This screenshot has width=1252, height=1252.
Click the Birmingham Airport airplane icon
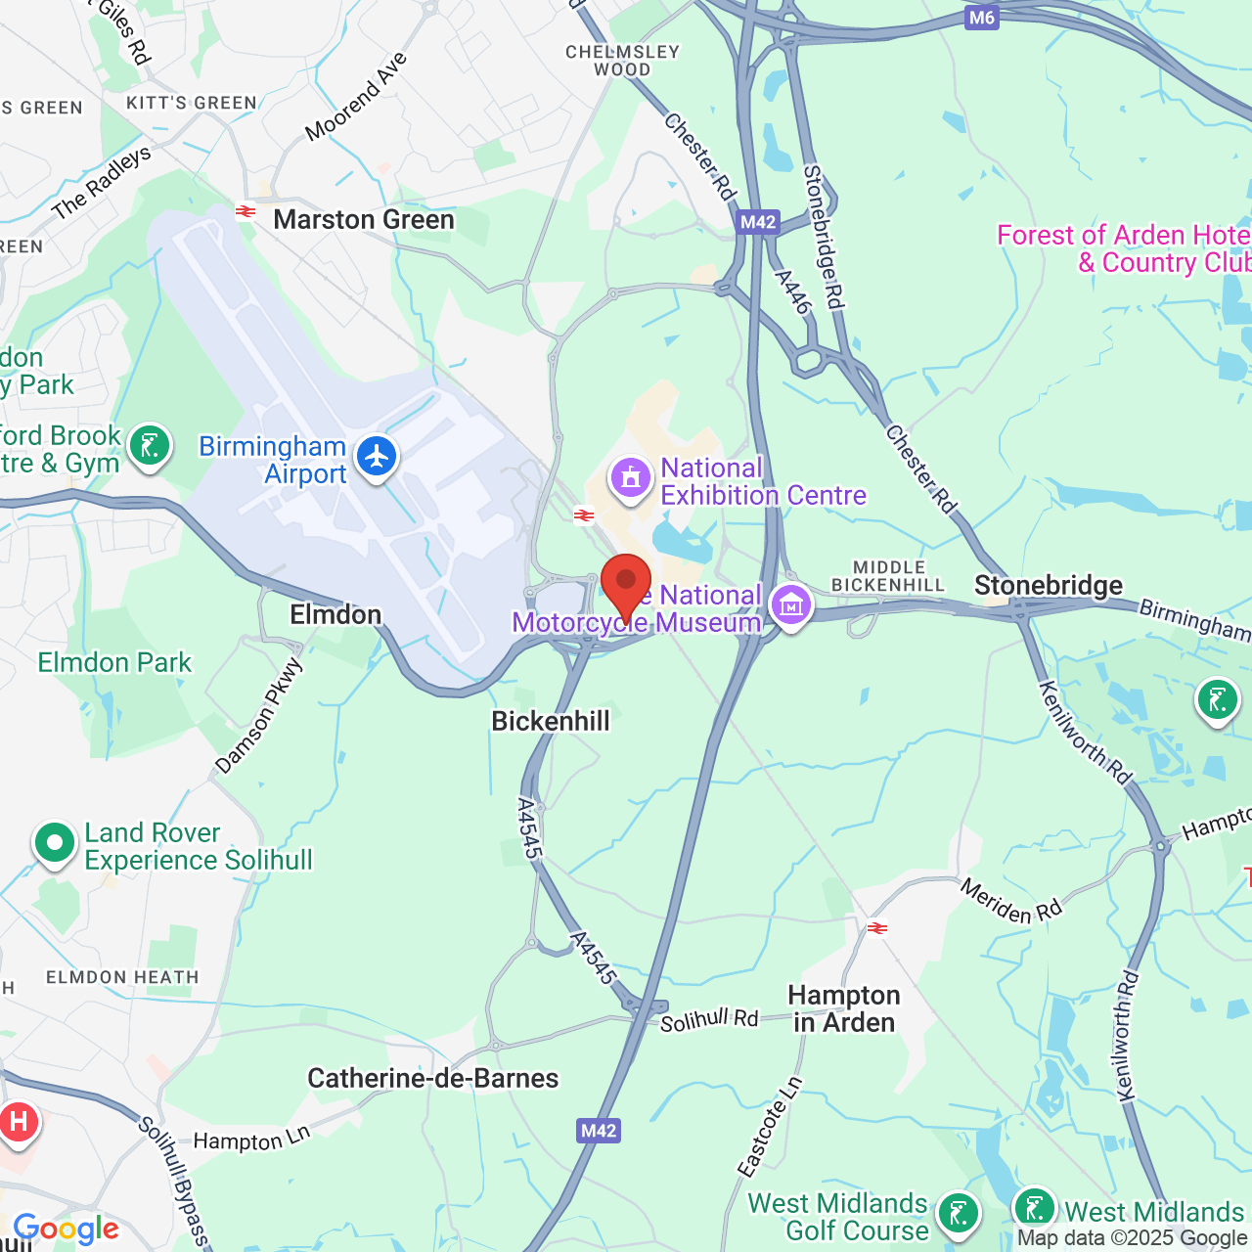click(x=377, y=457)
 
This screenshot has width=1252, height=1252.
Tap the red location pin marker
click(x=626, y=584)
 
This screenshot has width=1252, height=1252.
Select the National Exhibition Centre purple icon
click(x=631, y=478)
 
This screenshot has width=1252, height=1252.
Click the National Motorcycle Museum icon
click(x=791, y=605)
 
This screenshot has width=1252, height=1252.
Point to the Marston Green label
click(x=364, y=220)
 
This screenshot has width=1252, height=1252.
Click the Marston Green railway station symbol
click(x=246, y=210)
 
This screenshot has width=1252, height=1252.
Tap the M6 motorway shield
click(x=981, y=18)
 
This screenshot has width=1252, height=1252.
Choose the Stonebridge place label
click(x=1049, y=586)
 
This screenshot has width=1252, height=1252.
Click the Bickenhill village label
click(x=551, y=722)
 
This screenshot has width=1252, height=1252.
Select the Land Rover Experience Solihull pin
click(x=55, y=842)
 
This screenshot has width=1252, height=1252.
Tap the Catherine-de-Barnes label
click(x=433, y=1079)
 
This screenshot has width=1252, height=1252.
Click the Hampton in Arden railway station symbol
click(x=877, y=928)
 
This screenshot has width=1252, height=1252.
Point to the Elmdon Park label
click(x=114, y=663)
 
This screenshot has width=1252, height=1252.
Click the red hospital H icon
click(x=18, y=1121)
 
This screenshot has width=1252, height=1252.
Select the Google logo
click(x=66, y=1229)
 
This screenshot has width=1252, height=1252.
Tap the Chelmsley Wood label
click(x=622, y=61)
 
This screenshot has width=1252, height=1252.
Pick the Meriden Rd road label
click(x=1010, y=901)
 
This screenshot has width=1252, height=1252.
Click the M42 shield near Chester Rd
click(x=758, y=222)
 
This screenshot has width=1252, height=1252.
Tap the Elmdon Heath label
click(x=122, y=977)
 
